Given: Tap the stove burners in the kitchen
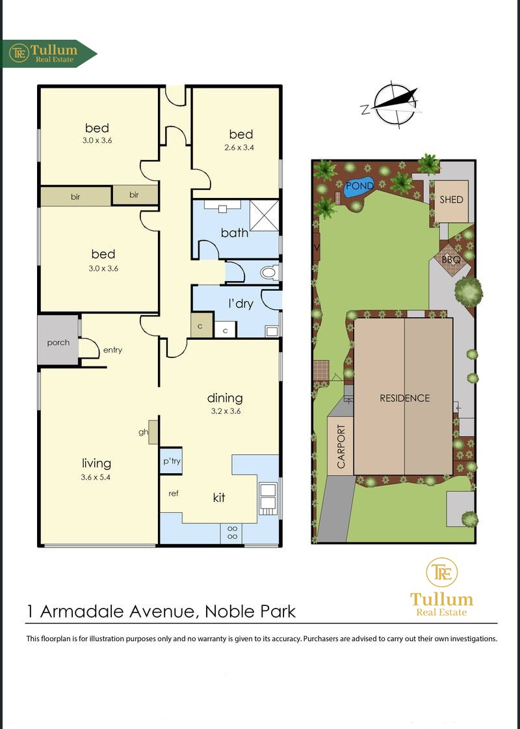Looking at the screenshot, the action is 233,533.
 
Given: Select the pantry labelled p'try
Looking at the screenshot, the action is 171,461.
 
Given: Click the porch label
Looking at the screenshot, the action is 58,342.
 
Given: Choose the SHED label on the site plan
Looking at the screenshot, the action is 451,199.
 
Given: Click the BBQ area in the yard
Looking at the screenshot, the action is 450,260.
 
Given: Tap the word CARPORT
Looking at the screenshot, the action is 341,447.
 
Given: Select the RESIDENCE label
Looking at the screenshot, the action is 404,398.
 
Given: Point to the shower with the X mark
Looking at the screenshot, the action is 265,215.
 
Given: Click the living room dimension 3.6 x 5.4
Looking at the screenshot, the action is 96,477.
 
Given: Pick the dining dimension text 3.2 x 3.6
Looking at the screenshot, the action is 225,411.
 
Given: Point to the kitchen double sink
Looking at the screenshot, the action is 268,499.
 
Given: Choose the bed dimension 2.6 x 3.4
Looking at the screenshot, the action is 241,148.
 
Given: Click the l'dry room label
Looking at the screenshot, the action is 240,304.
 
